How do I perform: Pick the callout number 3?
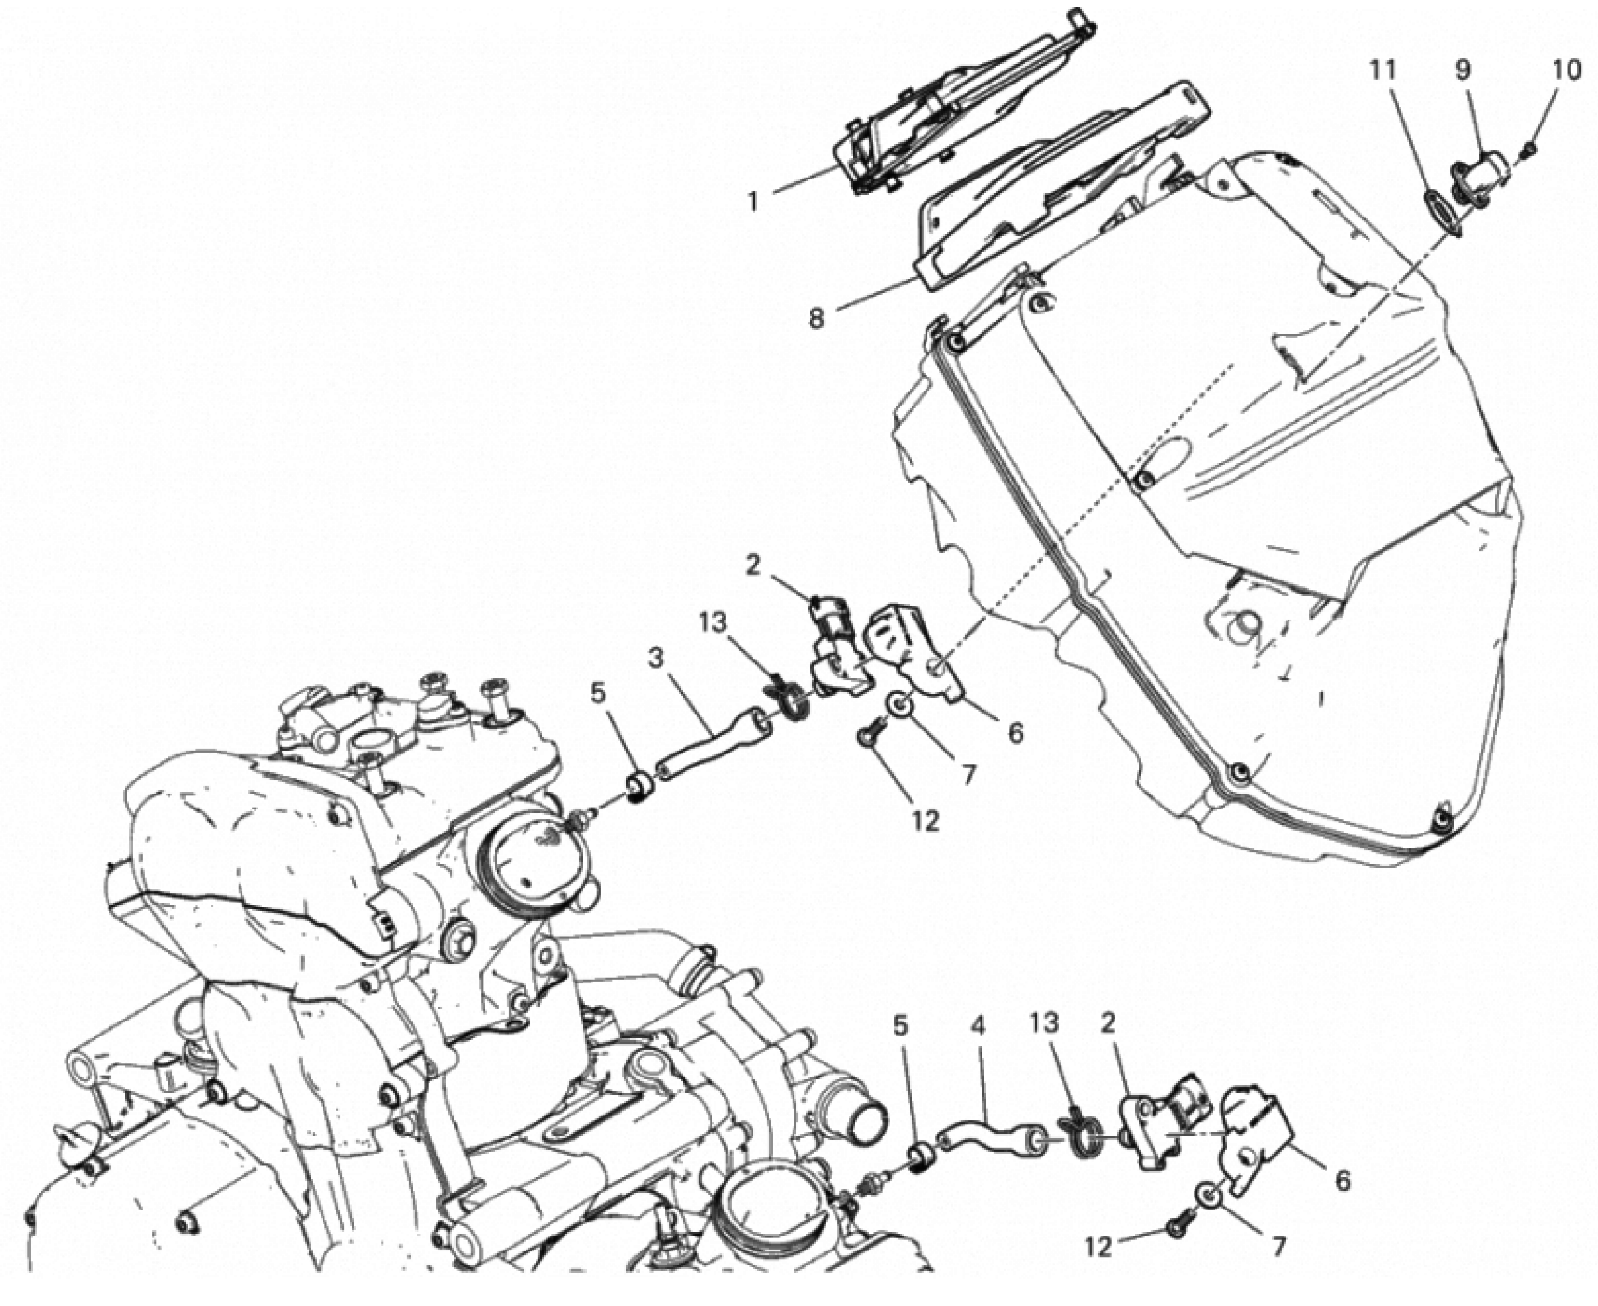(x=656, y=660)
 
